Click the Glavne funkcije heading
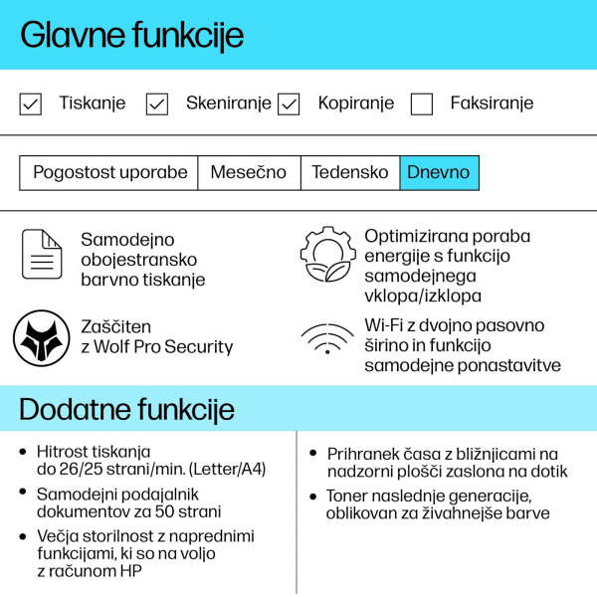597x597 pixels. (x=131, y=35)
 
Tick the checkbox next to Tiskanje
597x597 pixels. (x=31, y=103)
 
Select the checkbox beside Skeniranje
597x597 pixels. (x=157, y=103)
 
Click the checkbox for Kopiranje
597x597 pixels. (x=289, y=103)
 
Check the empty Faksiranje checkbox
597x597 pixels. (x=422, y=103)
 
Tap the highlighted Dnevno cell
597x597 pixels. (x=439, y=172)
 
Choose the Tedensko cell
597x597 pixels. (x=349, y=172)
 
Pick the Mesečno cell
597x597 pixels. (x=248, y=172)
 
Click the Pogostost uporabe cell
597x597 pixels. (x=109, y=172)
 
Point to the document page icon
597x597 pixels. (x=43, y=255)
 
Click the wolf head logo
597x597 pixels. (x=41, y=338)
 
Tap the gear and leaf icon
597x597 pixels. (x=327, y=255)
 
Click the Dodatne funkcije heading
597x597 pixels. (x=126, y=409)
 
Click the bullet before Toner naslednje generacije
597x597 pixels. (x=314, y=495)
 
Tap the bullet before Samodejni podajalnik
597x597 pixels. (x=23, y=493)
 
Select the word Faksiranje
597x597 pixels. (x=492, y=103)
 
